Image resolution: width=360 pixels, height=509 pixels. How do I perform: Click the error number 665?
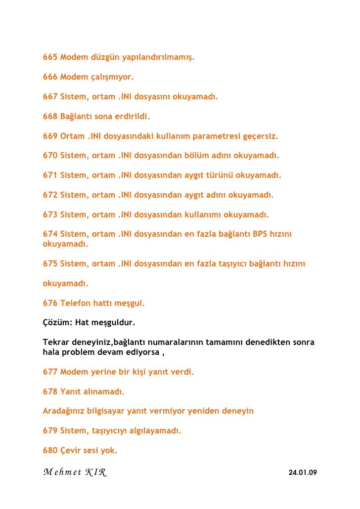pyautogui.click(x=50, y=58)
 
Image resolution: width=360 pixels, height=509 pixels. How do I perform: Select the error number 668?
pyautogui.click(x=50, y=117)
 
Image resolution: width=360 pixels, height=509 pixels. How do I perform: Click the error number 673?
pyautogui.click(x=50, y=214)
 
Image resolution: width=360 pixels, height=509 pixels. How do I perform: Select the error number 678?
pyautogui.click(x=50, y=392)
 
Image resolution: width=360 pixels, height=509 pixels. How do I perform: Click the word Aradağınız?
pyautogui.click(x=65, y=411)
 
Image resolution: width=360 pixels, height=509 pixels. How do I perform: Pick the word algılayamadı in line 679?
pyautogui.click(x=155, y=430)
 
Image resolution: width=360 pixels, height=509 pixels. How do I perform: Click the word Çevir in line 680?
pyautogui.click(x=71, y=450)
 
